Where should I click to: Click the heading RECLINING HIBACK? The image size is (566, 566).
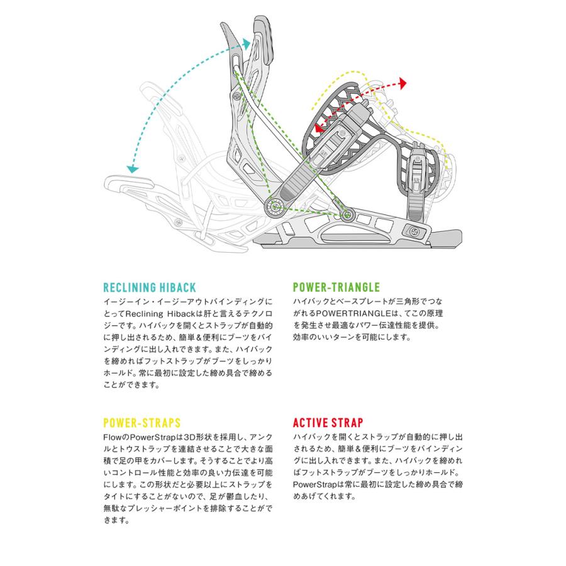150,287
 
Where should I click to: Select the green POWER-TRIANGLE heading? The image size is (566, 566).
336,287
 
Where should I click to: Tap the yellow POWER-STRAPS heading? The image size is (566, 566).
142,423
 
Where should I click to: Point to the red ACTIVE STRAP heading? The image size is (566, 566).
328,423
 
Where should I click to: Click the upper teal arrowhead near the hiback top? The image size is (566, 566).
246,44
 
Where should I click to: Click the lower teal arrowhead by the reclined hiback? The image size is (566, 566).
133,169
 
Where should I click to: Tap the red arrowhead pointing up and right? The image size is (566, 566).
402,83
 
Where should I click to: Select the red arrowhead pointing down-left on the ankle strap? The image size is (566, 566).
318,128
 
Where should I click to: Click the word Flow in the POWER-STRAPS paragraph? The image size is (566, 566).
111,437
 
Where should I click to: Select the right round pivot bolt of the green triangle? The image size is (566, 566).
348,215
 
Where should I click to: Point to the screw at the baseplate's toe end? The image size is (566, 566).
413,231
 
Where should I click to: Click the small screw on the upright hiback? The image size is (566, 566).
237,96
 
